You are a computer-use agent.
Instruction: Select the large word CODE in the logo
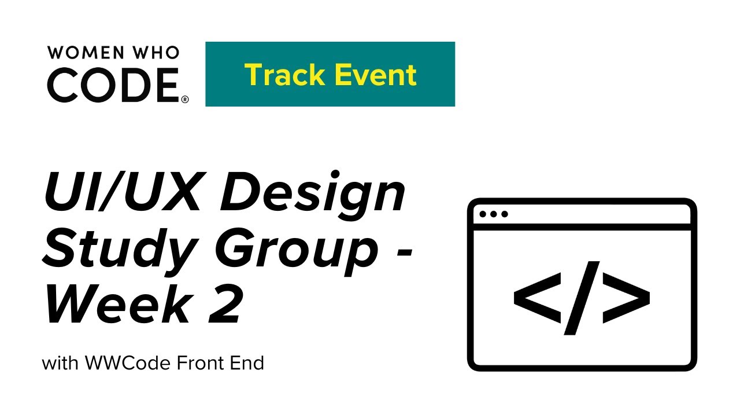pos(113,85)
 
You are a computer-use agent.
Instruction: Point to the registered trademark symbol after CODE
pos(185,100)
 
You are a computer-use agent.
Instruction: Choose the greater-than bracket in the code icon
pos(627,297)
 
